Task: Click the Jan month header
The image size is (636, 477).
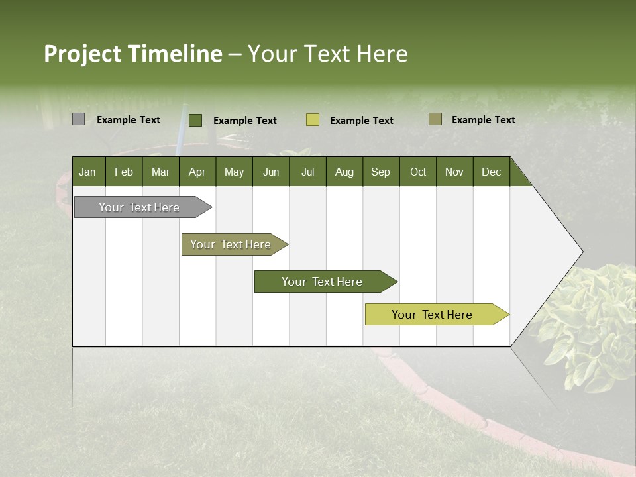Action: (x=87, y=172)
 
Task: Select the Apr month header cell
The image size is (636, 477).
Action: (x=197, y=172)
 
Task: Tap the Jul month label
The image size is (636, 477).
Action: (x=307, y=172)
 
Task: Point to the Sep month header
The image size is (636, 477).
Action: (x=380, y=172)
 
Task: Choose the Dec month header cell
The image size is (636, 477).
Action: (x=491, y=172)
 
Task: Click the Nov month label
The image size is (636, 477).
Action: (x=454, y=172)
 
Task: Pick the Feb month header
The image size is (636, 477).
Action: (x=124, y=172)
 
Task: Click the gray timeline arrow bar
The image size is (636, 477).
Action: (x=139, y=207)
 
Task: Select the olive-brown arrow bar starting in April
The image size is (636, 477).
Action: (x=231, y=244)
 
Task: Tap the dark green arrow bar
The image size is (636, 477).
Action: (x=322, y=282)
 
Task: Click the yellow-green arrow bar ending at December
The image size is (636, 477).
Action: (x=432, y=315)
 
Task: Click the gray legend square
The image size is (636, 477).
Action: (x=78, y=119)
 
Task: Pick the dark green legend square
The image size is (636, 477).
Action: (x=195, y=120)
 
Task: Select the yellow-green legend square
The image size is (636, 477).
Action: (x=313, y=120)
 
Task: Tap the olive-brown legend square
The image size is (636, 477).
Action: (x=435, y=119)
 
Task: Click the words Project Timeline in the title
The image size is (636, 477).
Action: (x=132, y=54)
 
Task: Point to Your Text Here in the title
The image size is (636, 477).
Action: (x=327, y=54)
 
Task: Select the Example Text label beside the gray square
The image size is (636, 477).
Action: (x=129, y=120)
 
